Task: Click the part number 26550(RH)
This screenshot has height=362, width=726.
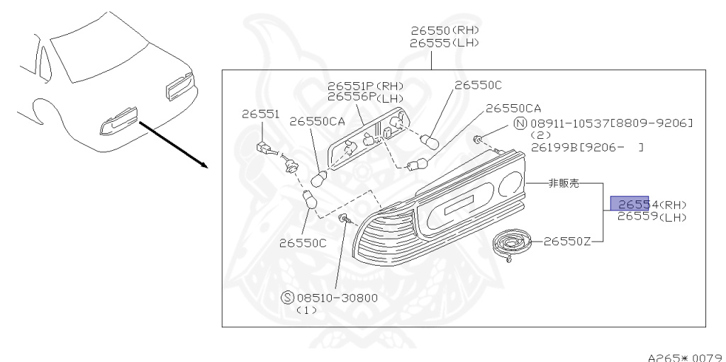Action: click(445, 30)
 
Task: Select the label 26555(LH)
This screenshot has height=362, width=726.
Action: click(445, 43)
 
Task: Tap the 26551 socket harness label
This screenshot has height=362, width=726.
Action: click(260, 113)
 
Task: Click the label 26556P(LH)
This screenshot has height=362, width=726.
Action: click(362, 98)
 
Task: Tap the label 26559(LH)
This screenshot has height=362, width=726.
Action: click(652, 217)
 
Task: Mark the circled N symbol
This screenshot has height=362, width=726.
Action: click(520, 124)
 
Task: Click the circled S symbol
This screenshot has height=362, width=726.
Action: click(288, 298)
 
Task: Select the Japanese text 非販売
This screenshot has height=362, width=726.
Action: click(564, 183)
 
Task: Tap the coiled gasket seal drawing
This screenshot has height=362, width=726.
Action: click(512, 244)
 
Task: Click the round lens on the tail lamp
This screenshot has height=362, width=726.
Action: click(508, 186)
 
